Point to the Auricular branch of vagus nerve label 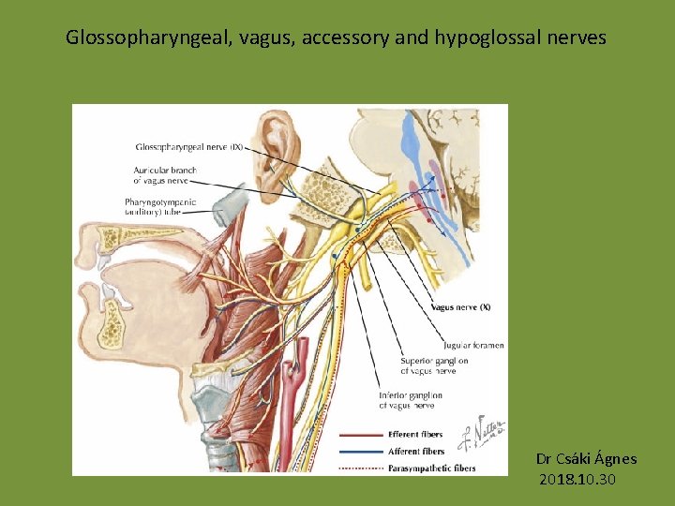click(x=160, y=174)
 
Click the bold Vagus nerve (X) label click(x=460, y=307)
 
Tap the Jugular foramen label click(x=473, y=345)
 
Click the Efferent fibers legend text click(x=416, y=435)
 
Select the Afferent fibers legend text click(x=416, y=452)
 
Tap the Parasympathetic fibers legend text click(x=432, y=469)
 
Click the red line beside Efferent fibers click(x=358, y=435)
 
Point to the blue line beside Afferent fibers click(x=358, y=452)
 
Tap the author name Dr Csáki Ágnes click(x=586, y=459)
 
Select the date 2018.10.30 click(x=577, y=480)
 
